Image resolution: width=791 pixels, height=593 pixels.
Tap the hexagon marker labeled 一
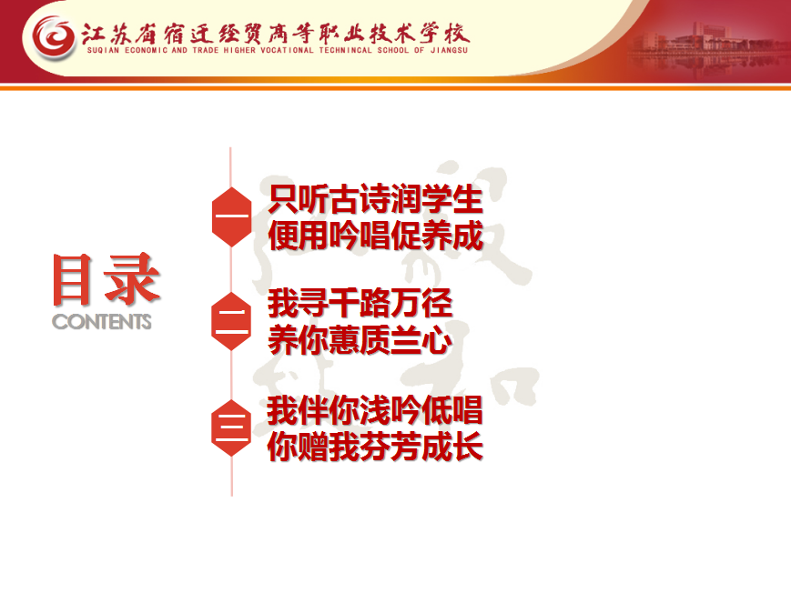point(231,216)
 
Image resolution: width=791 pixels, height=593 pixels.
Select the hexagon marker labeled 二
point(231,321)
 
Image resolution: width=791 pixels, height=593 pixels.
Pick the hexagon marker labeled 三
point(231,427)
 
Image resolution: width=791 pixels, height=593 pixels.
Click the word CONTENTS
point(102,322)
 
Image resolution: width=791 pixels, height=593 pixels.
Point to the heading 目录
point(106,279)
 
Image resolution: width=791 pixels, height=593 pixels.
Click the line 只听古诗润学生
point(375,200)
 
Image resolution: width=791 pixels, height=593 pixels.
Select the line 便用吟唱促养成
point(375,236)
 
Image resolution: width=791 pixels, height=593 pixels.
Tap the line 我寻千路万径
point(360,304)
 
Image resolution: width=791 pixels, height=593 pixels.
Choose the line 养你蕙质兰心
point(360,340)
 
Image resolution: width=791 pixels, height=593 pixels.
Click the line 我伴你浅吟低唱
point(375,410)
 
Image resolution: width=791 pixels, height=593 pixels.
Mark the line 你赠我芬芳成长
point(375,447)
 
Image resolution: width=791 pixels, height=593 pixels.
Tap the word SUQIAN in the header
point(104,50)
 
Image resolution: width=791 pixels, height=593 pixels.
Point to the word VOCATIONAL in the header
point(287,50)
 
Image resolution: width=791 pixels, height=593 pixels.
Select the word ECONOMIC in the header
point(146,50)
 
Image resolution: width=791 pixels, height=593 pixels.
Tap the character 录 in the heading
point(133,279)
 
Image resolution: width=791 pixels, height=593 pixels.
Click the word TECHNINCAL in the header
point(345,50)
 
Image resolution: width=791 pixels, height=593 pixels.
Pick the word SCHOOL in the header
point(392,50)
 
